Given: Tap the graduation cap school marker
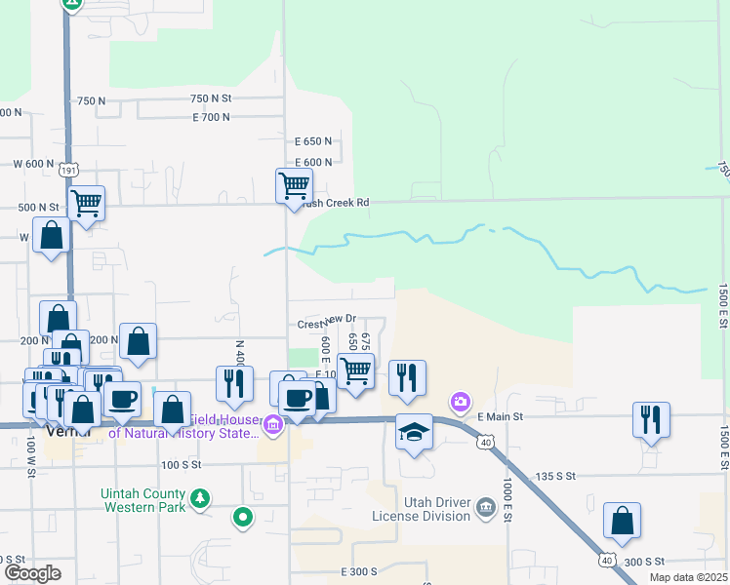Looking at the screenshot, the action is [x=415, y=432].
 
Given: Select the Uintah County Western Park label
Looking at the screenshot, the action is [x=143, y=500].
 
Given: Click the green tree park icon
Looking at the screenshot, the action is [x=200, y=499].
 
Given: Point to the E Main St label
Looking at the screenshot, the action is [x=501, y=416].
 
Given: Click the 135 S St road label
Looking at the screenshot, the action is [x=555, y=477].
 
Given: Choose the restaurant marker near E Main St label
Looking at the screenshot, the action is [x=651, y=419].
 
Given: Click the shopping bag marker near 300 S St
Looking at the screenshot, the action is [x=622, y=522].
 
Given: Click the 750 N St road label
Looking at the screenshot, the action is [x=211, y=98].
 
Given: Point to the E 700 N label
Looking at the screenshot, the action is [x=210, y=117].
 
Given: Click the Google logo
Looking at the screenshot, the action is [x=32, y=572].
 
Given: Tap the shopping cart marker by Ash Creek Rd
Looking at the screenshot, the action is [x=294, y=185].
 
